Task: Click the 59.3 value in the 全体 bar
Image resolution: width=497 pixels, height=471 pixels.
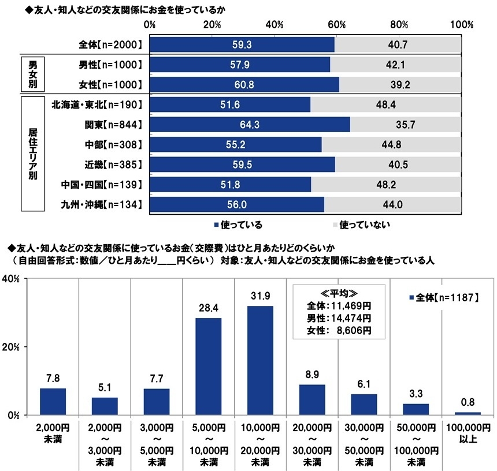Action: click(242, 44)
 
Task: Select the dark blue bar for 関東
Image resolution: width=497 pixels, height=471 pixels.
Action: click(250, 125)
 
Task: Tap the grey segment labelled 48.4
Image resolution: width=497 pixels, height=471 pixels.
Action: click(385, 104)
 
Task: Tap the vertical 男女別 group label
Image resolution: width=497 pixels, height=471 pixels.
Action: click(33, 73)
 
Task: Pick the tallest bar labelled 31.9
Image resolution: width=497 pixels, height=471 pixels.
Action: click(260, 360)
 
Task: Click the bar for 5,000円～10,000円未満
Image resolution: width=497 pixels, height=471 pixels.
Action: click(208, 366)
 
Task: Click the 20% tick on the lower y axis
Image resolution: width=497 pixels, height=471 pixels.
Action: click(12, 347)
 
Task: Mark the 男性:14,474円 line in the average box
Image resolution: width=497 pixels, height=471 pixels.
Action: click(339, 318)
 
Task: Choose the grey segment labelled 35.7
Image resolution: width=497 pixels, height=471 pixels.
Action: click(405, 125)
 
